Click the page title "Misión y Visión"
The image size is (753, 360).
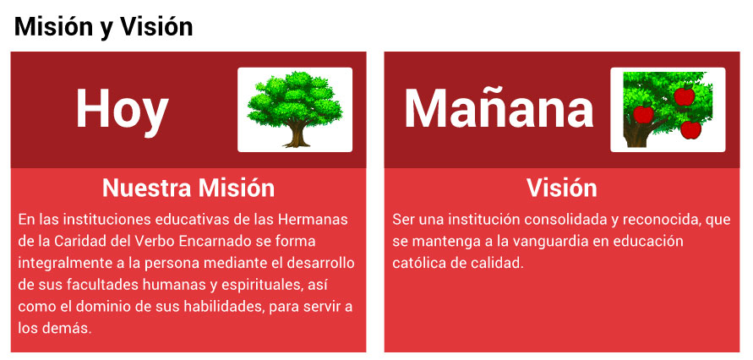pyautogui.click(x=103, y=27)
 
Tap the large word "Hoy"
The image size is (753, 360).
pyautogui.click(x=122, y=111)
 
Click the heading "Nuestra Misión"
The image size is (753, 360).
pyautogui.click(x=188, y=188)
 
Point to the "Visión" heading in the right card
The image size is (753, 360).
pyautogui.click(x=561, y=188)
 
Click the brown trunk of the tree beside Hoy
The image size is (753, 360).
pyautogui.click(x=297, y=135)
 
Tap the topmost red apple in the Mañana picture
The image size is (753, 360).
pyautogui.click(x=685, y=95)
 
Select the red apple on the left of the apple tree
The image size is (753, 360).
pyautogui.click(x=643, y=113)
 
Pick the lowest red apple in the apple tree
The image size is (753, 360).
pyautogui.click(x=690, y=129)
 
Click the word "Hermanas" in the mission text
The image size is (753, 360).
pyautogui.click(x=313, y=220)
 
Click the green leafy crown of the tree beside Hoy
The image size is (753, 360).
pyautogui.click(x=294, y=98)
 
